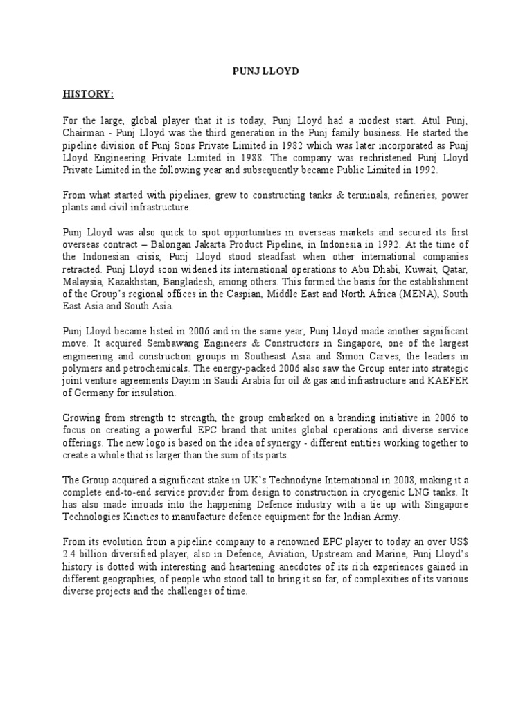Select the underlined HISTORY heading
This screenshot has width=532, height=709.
point(89,94)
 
